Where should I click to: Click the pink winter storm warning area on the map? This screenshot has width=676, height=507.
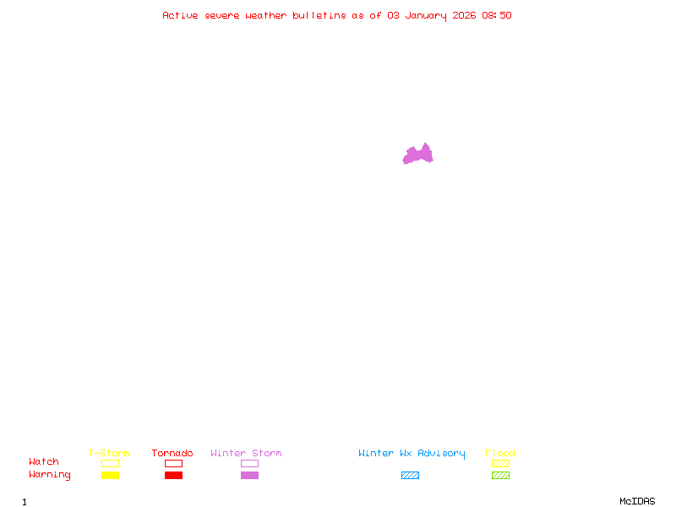coord(417,155)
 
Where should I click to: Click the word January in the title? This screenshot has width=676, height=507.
coord(423,15)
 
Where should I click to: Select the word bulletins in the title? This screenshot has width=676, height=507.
coord(319,15)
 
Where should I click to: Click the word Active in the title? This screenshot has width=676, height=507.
coord(180,15)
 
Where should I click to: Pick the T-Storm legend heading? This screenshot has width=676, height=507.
coord(109,453)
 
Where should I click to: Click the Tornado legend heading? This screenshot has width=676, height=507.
coord(172,453)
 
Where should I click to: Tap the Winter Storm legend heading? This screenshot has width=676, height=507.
coord(246,453)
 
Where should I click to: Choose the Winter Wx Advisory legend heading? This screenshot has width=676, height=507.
coord(412,453)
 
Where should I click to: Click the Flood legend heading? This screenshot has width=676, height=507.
coord(500,453)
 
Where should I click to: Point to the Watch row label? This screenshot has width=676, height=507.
coord(44,462)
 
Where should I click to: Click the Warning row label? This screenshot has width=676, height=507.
coord(50,475)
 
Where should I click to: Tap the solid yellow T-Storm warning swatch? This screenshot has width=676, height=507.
coord(110,475)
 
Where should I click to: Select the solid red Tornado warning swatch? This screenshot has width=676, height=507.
coord(173,475)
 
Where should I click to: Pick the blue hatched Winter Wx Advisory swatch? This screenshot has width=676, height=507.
coord(410,475)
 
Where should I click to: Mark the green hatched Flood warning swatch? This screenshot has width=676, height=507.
coord(500,475)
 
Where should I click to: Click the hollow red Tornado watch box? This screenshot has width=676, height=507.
coord(173,463)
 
